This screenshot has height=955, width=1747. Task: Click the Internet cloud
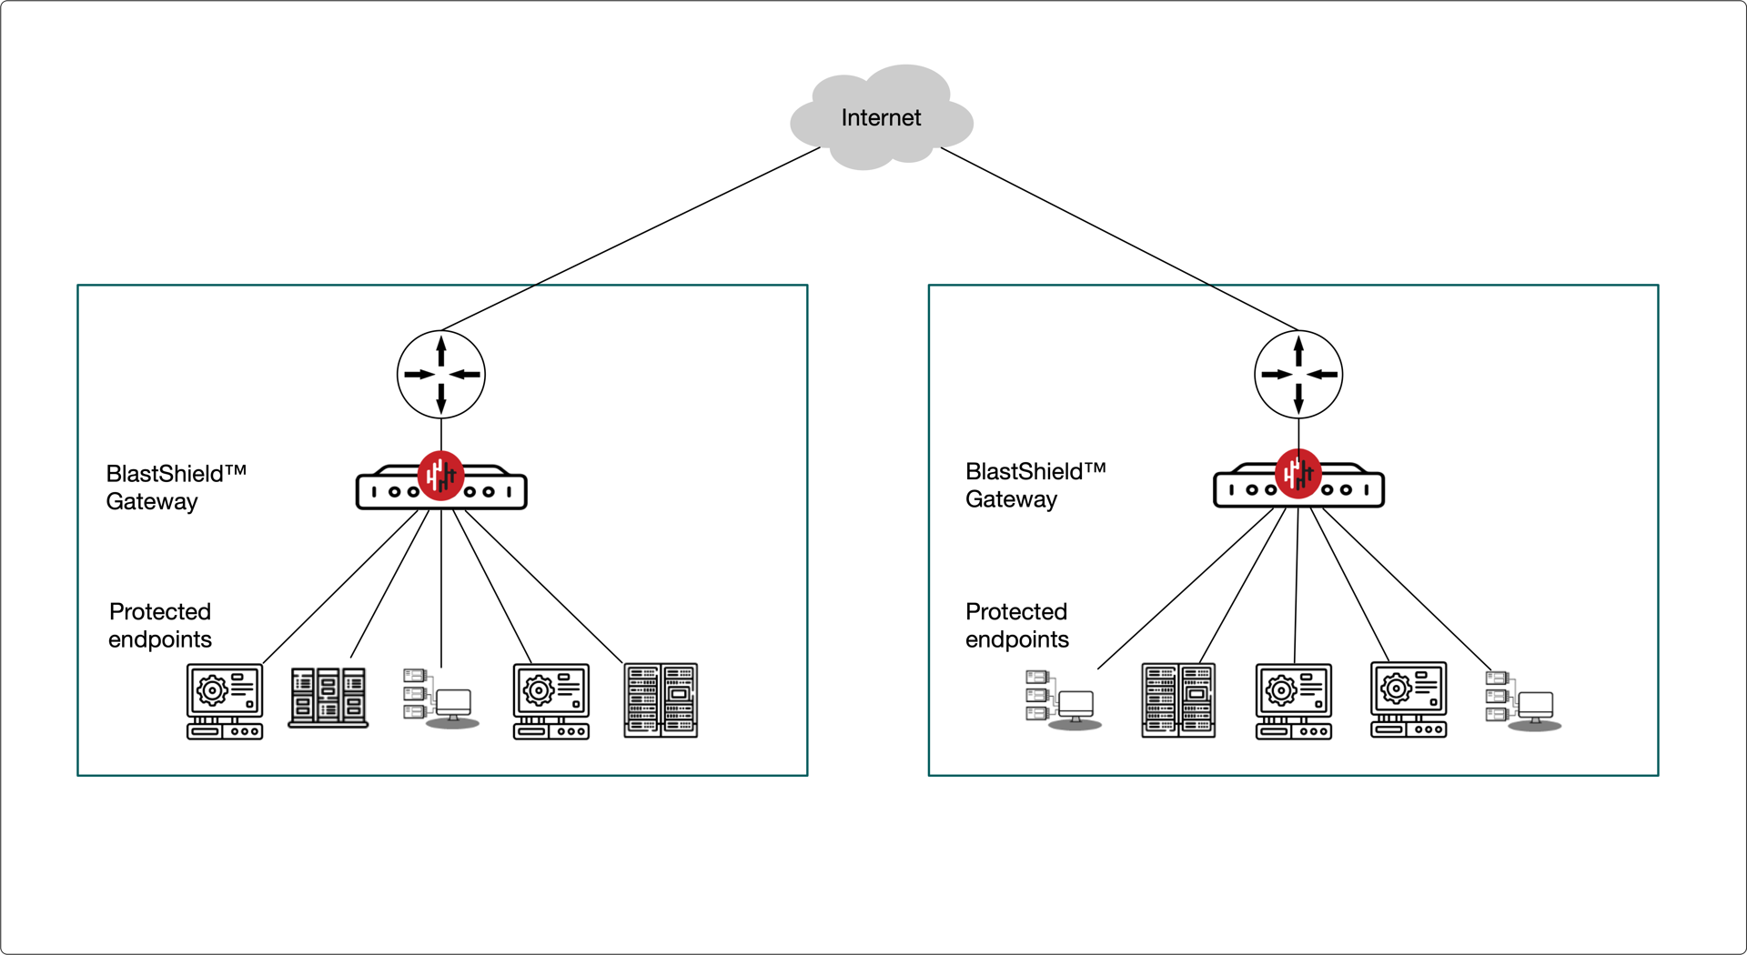[881, 118]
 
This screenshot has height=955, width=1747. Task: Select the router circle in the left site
[441, 374]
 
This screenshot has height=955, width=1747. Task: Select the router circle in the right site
[1298, 374]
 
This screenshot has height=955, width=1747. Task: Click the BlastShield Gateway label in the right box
[1035, 485]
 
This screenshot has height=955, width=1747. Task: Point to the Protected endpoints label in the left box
[160, 625]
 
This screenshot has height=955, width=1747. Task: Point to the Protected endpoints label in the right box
[1017, 625]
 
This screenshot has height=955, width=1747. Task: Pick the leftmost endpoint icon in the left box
[225, 701]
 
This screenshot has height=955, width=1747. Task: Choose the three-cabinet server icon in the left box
[328, 698]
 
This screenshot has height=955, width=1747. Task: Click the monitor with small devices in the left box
[441, 699]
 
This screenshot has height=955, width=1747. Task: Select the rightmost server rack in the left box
[661, 700]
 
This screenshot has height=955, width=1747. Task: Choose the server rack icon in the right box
[1178, 700]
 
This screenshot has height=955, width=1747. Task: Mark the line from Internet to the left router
[630, 238]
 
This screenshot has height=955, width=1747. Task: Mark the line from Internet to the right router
[1119, 238]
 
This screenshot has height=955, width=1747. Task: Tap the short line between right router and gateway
[1298, 433]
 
